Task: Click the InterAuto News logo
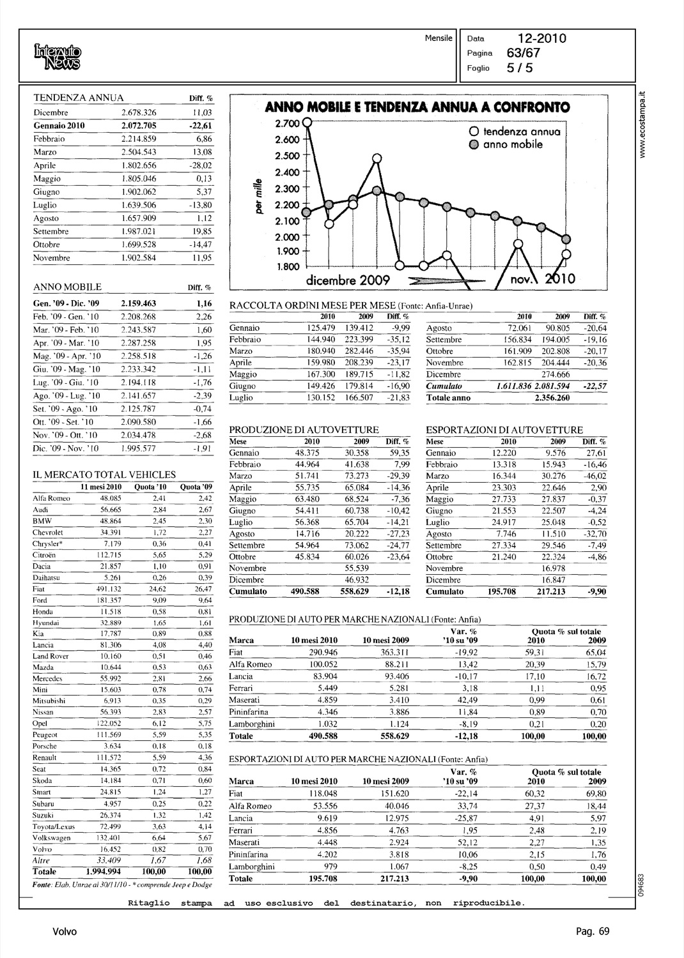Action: click(58, 56)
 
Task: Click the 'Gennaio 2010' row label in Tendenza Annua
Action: click(59, 125)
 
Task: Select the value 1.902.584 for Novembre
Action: click(139, 258)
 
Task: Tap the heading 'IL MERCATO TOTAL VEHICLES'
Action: click(104, 475)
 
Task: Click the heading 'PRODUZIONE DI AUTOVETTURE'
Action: click(304, 430)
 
